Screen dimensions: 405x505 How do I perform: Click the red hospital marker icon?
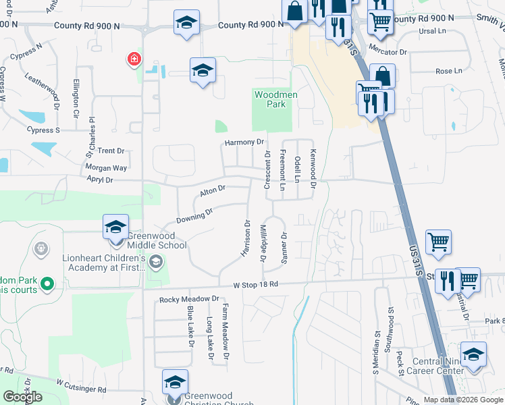point(134,60)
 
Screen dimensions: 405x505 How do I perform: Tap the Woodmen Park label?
point(275,100)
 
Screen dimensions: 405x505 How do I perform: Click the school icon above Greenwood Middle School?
point(116,226)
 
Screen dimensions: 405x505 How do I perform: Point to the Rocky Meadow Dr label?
point(190,298)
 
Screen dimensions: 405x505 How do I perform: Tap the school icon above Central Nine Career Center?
point(473,355)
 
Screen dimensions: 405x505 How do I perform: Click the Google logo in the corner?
point(23,397)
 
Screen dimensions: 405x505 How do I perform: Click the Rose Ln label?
point(449,71)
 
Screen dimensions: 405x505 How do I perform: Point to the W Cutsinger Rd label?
point(81,386)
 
